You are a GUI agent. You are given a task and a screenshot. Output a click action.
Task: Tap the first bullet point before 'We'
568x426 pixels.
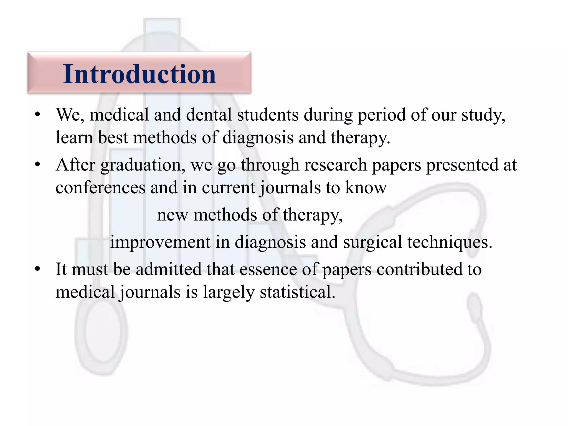point(38,114)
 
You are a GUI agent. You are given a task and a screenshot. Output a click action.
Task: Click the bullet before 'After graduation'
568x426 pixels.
point(38,164)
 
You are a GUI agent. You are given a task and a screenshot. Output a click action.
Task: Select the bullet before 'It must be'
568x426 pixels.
point(38,269)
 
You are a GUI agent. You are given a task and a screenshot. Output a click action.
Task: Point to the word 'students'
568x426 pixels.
point(268,114)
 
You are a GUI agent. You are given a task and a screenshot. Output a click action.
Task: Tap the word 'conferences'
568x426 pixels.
point(100,187)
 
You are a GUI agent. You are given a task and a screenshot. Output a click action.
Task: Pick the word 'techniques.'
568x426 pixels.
point(450,242)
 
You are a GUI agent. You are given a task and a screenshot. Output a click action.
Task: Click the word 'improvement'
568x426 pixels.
point(160,242)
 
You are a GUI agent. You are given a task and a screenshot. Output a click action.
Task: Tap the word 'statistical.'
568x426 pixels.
point(297,292)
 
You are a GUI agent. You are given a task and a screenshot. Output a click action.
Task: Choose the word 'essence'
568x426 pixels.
point(268,269)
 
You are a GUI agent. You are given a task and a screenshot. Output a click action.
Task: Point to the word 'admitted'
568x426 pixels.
point(169,269)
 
